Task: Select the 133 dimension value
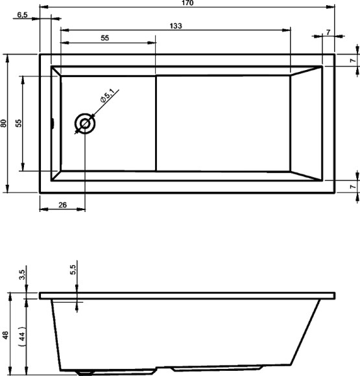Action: [x=175, y=26]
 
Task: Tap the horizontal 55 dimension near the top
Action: [x=104, y=38]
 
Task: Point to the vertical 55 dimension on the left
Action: [x=19, y=123]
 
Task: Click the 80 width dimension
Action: [x=4, y=123]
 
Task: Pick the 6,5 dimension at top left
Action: [x=21, y=15]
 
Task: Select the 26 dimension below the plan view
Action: [x=62, y=205]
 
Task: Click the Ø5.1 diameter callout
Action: [x=107, y=99]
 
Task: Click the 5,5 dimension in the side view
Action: [x=73, y=268]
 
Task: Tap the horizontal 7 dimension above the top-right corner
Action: [x=329, y=32]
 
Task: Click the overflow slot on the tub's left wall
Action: [x=53, y=123]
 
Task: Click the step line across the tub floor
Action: [x=156, y=123]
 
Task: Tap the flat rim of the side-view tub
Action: [x=187, y=296]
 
